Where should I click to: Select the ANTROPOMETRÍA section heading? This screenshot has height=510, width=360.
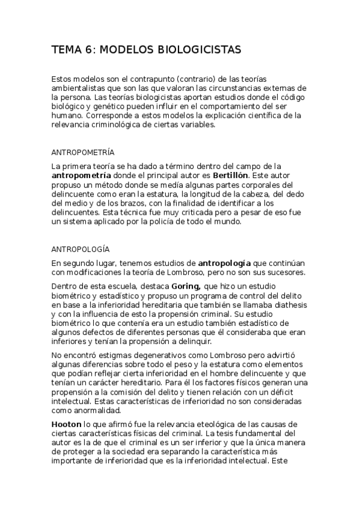(83, 152)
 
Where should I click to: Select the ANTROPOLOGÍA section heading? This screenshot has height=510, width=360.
(81, 248)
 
